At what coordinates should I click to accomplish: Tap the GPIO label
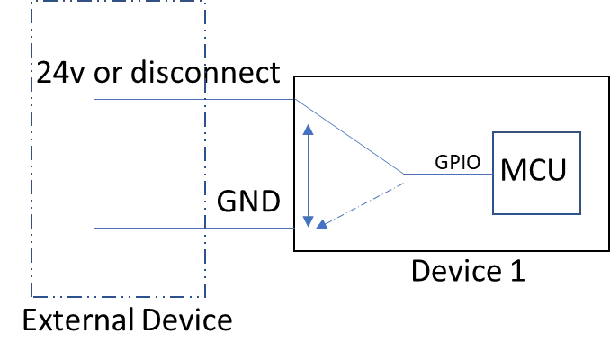457,162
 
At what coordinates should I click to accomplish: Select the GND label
248,201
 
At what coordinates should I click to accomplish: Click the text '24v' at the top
60,72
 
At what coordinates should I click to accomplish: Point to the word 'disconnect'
205,72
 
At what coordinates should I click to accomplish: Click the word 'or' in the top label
108,74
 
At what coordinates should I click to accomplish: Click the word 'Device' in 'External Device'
187,319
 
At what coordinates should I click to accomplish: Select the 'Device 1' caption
468,271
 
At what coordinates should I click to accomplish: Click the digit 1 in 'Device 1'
517,271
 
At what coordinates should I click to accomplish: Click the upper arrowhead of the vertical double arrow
308,130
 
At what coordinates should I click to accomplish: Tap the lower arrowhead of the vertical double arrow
308,221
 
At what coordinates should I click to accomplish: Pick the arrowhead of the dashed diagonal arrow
322,225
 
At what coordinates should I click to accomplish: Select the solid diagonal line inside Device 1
349,137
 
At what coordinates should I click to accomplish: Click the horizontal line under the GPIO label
448,174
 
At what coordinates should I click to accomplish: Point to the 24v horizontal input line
194,99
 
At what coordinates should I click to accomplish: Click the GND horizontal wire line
193,228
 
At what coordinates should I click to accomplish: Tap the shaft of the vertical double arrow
308,175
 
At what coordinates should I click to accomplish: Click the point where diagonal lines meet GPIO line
404,174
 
